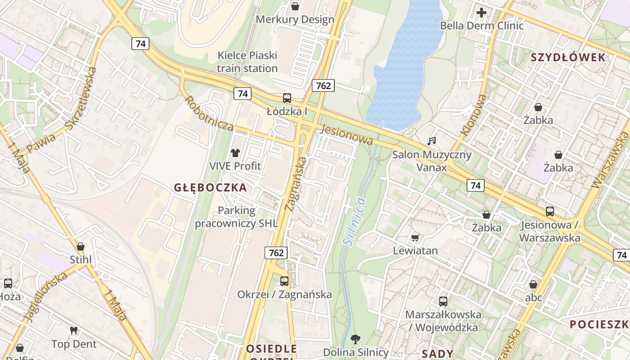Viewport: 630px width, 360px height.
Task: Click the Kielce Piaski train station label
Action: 247,62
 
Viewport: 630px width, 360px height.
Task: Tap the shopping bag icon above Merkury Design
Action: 295,6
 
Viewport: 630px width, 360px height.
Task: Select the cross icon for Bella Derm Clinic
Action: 481,13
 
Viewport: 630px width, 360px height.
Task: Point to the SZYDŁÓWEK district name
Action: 568,58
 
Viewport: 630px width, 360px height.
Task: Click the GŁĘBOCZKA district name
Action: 211,188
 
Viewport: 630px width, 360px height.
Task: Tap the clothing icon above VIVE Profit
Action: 235,153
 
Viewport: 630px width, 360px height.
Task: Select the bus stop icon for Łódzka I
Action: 287,98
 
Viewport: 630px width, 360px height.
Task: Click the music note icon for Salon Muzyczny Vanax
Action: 432,141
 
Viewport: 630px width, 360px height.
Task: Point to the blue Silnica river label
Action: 355,221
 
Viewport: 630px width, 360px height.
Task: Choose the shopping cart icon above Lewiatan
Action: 415,238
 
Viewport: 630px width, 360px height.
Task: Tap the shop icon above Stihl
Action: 81,247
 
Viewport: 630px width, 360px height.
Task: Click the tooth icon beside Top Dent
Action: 74,331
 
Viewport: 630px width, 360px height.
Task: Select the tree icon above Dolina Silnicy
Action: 355,339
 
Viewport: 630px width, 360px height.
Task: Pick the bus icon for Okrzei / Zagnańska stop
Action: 284,281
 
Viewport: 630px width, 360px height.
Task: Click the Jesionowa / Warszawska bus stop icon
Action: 549,211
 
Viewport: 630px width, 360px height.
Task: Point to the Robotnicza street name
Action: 209,113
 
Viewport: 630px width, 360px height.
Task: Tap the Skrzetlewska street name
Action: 81,98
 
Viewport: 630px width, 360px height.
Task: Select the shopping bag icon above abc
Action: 533,284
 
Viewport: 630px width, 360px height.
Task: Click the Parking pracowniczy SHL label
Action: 236,217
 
